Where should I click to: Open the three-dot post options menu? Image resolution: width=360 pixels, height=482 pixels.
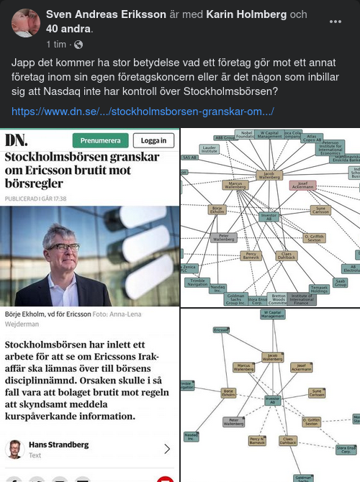336,22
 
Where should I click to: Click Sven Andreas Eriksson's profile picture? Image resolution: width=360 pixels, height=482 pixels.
26,22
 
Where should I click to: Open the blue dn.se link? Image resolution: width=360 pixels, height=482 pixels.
143,112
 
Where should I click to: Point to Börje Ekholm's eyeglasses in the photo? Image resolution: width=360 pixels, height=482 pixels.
63,247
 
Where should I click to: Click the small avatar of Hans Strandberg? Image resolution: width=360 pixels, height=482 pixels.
14,449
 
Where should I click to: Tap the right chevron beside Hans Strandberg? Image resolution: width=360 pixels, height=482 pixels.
167,449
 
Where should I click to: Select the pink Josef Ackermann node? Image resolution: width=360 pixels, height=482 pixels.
303,185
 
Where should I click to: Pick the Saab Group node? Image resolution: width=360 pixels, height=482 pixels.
341,283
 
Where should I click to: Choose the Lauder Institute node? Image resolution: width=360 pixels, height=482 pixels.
210,150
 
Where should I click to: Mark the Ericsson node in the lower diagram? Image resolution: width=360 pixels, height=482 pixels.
221,329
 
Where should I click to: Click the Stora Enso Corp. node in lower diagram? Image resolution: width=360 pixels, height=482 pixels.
346,450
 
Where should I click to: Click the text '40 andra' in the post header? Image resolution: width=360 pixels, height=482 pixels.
64,29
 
